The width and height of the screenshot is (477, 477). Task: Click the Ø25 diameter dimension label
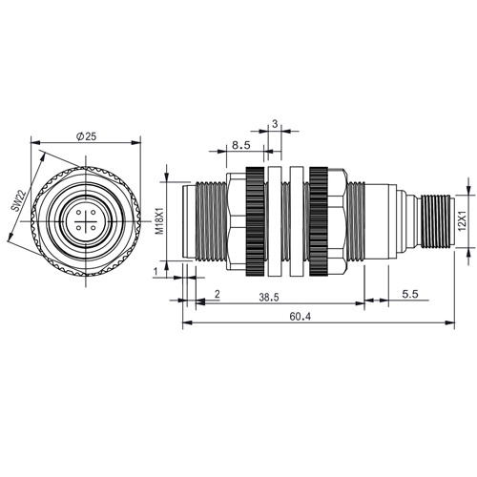[x=86, y=136]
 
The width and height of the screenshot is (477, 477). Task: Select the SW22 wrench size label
[x=17, y=201]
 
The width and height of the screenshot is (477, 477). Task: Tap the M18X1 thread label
[x=160, y=221]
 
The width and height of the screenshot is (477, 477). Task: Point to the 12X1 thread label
[x=462, y=221]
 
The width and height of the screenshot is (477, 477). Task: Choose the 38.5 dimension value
[x=269, y=298]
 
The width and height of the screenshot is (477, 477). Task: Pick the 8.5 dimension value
[x=241, y=145]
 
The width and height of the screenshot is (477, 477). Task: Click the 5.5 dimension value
[x=410, y=294]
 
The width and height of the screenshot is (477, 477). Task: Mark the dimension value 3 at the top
[x=275, y=124]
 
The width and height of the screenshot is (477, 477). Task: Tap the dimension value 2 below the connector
[x=218, y=294]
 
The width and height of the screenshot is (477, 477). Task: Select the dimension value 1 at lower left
[x=156, y=272]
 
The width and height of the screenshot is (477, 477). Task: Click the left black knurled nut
[x=255, y=221]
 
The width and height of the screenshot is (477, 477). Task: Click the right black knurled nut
[x=319, y=221]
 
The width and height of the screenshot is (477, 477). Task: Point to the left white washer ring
[x=275, y=221]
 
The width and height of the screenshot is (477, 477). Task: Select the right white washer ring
[x=297, y=221]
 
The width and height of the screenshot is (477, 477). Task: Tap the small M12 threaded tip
[x=437, y=221]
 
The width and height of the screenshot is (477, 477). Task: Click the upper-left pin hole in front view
[x=78, y=213]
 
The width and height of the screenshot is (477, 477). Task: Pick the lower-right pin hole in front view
[x=93, y=228]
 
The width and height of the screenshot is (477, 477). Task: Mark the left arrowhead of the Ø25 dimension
[x=35, y=142]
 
